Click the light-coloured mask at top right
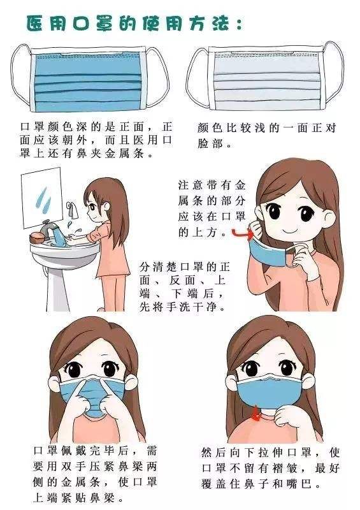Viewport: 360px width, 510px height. pyautogui.click(x=265, y=77)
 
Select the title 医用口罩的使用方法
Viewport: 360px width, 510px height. pyautogui.click(x=134, y=24)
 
